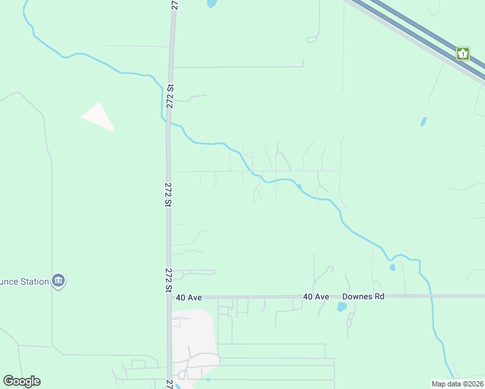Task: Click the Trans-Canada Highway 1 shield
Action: pos(463,53)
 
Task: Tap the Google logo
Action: pos(22,381)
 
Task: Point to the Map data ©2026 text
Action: pos(456,384)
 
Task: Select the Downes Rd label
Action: pos(364,296)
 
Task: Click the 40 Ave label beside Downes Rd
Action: pos(316,296)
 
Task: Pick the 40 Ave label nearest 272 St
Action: pos(189,297)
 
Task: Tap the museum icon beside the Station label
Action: pos(58,281)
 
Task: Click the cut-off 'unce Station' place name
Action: pos(25,281)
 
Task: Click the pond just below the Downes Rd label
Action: pos(342,307)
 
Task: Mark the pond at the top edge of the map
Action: pos(211,3)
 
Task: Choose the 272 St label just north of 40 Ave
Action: pos(169,280)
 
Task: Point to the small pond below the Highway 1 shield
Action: pos(423,121)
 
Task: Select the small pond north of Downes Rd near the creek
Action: pos(392,267)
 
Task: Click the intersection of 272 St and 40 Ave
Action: pos(169,297)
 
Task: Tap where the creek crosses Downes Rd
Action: pos(431,296)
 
